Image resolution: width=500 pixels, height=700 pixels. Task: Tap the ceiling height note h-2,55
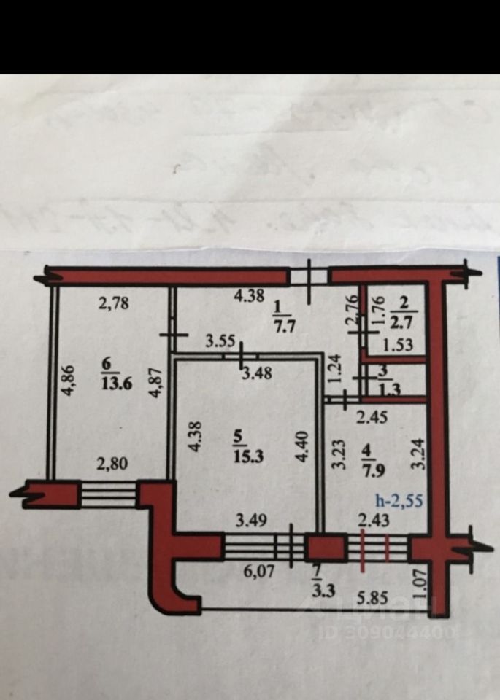click(x=399, y=501)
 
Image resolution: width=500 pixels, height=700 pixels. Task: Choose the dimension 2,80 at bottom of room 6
click(x=112, y=462)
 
